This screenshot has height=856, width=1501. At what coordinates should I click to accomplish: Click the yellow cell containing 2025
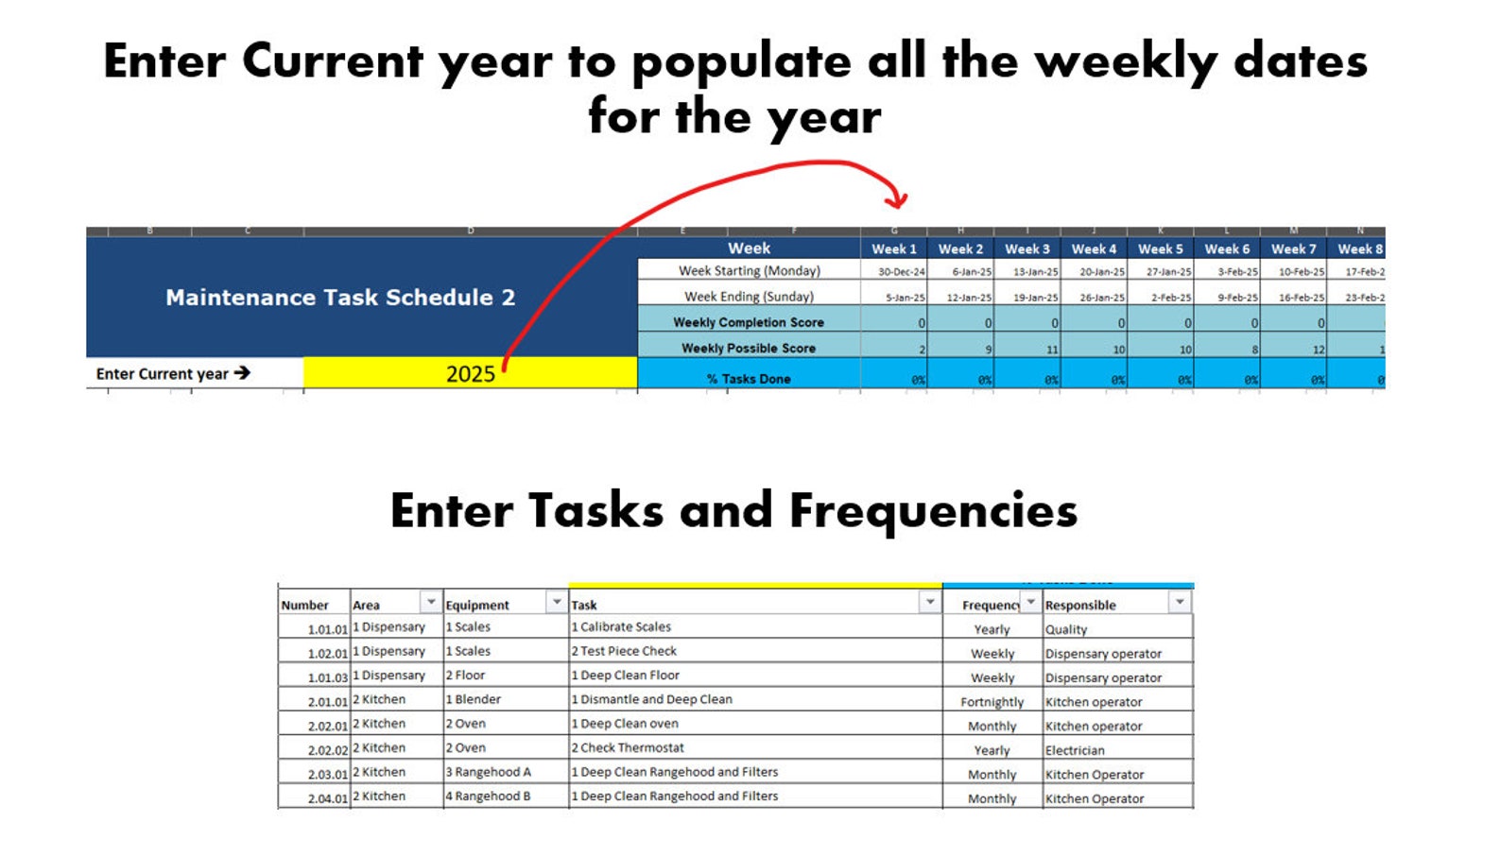pos(470,373)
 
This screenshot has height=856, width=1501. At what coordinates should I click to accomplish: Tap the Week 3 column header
pos(1027,248)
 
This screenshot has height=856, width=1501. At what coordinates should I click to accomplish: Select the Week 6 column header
pos(1226,248)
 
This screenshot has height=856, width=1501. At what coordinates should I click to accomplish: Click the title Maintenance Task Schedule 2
pos(340,298)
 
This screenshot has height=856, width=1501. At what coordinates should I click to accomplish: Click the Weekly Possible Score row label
pos(748,348)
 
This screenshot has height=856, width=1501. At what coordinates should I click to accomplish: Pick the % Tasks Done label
pos(748,378)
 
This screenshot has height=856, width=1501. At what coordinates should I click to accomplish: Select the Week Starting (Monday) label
pos(749,270)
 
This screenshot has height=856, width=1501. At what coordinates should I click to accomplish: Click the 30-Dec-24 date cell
pos(901,271)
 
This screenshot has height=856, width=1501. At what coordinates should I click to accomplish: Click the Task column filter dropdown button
pos(930,602)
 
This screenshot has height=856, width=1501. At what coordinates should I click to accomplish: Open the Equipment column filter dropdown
pos(557,602)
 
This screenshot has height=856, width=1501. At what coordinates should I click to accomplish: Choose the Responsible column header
pos(1080,605)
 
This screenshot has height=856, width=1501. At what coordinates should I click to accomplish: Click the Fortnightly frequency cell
pos(992,702)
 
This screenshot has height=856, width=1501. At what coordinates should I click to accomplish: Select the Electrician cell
pos(1075,750)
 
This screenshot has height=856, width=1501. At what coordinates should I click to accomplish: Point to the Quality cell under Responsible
pos(1066,629)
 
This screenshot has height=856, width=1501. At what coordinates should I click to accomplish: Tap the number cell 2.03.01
pos(327,774)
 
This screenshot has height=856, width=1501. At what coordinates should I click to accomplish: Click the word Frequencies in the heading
pos(933,511)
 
